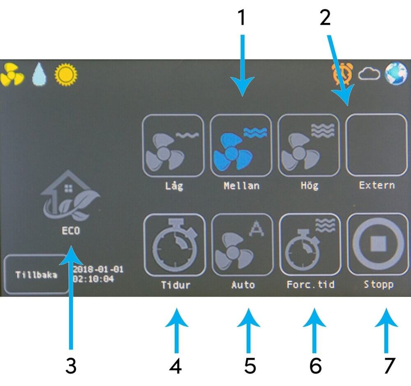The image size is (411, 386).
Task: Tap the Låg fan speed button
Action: (x=173, y=146)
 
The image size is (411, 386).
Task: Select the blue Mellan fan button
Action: (x=241, y=146)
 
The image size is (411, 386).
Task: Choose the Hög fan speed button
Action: (x=309, y=146)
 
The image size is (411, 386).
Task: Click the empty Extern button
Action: (x=377, y=145)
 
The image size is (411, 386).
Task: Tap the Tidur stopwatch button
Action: (x=175, y=245)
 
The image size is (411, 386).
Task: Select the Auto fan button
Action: (x=242, y=245)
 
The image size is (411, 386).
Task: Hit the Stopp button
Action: (x=378, y=244)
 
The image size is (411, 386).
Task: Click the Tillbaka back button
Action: (x=36, y=274)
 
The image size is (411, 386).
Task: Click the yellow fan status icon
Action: (x=12, y=74)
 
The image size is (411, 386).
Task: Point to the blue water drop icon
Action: (x=39, y=74)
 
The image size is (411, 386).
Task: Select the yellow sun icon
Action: (x=66, y=74)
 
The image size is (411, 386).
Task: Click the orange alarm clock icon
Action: (x=342, y=74)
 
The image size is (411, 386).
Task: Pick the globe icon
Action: (x=396, y=74)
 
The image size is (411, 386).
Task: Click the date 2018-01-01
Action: (x=98, y=269)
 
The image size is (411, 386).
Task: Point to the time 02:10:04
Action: (x=93, y=278)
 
